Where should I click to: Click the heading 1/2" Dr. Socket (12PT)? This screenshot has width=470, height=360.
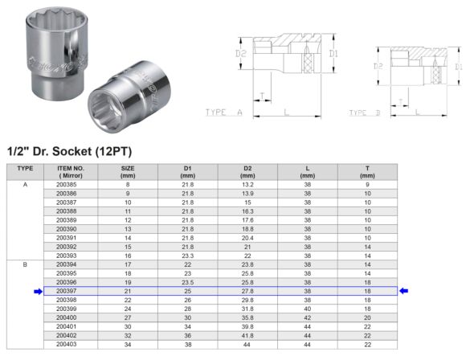[69, 151]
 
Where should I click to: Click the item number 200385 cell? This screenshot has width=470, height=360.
[67, 185]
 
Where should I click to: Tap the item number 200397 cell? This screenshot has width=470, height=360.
[67, 291]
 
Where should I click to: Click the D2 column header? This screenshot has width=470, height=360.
[247, 171]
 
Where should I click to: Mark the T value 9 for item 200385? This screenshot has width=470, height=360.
[367, 185]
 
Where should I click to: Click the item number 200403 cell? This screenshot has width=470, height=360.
[67, 344]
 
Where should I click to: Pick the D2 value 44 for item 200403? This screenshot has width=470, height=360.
[247, 344]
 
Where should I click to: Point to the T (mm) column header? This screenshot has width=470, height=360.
[367, 171]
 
